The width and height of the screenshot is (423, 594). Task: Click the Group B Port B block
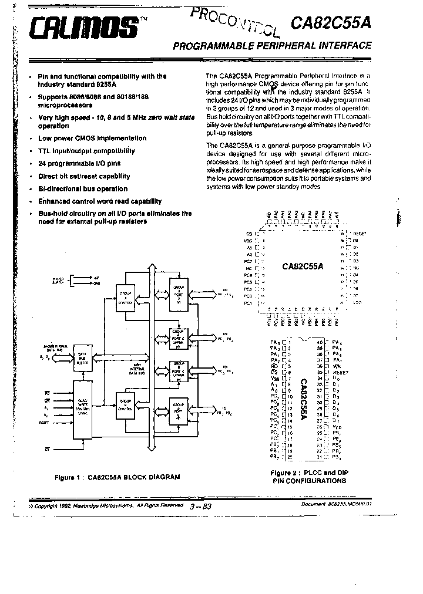coord(177,413)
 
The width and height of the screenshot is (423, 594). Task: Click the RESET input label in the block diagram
coord(44,422)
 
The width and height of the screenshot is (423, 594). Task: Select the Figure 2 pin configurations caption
coord(308,476)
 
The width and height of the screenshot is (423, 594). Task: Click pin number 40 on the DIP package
coord(320,342)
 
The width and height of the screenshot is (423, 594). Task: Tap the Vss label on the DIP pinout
coord(273,379)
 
